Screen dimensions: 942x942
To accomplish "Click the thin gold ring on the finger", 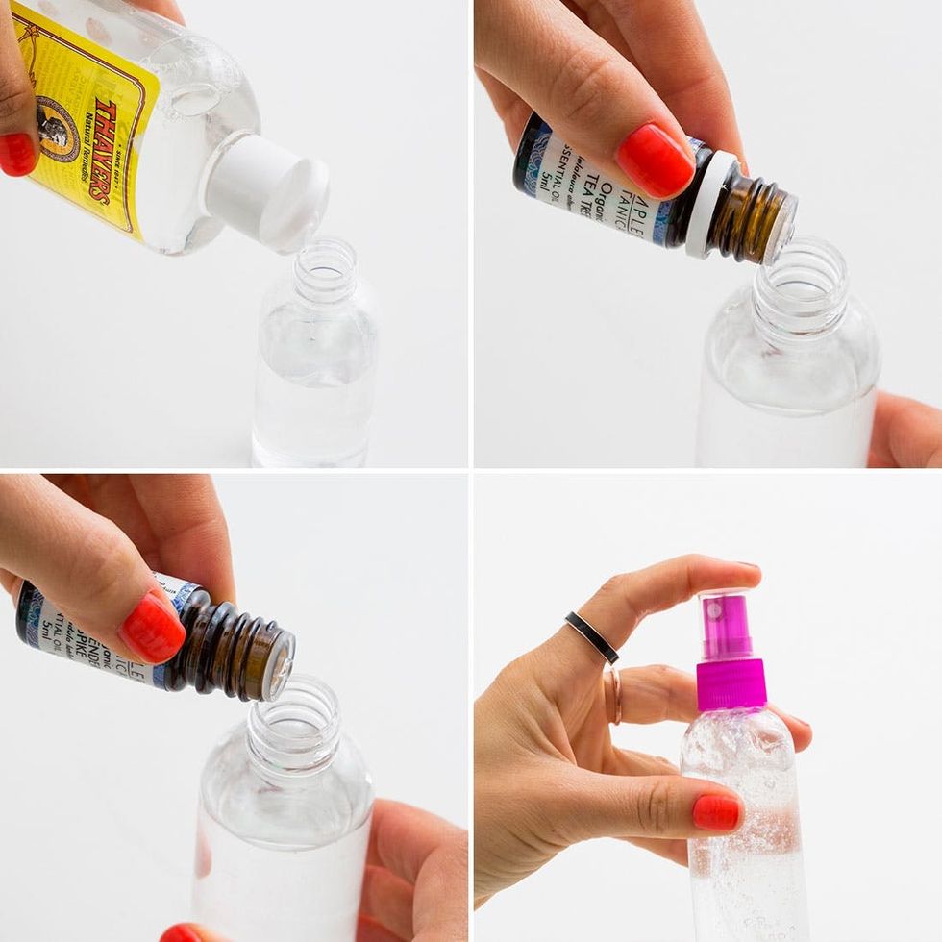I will point(612,692).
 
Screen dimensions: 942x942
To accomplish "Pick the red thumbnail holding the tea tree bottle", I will point(655,160).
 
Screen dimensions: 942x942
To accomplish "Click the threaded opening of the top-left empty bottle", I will point(325,270).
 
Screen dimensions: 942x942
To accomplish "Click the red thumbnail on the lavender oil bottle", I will point(152,627).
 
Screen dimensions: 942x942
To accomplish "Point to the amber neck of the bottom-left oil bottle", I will point(240,649).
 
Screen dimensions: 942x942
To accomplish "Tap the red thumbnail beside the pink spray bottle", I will point(717,812).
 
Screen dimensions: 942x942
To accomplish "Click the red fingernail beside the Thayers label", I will point(16,154).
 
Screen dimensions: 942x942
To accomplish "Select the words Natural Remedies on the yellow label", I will point(88,159).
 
